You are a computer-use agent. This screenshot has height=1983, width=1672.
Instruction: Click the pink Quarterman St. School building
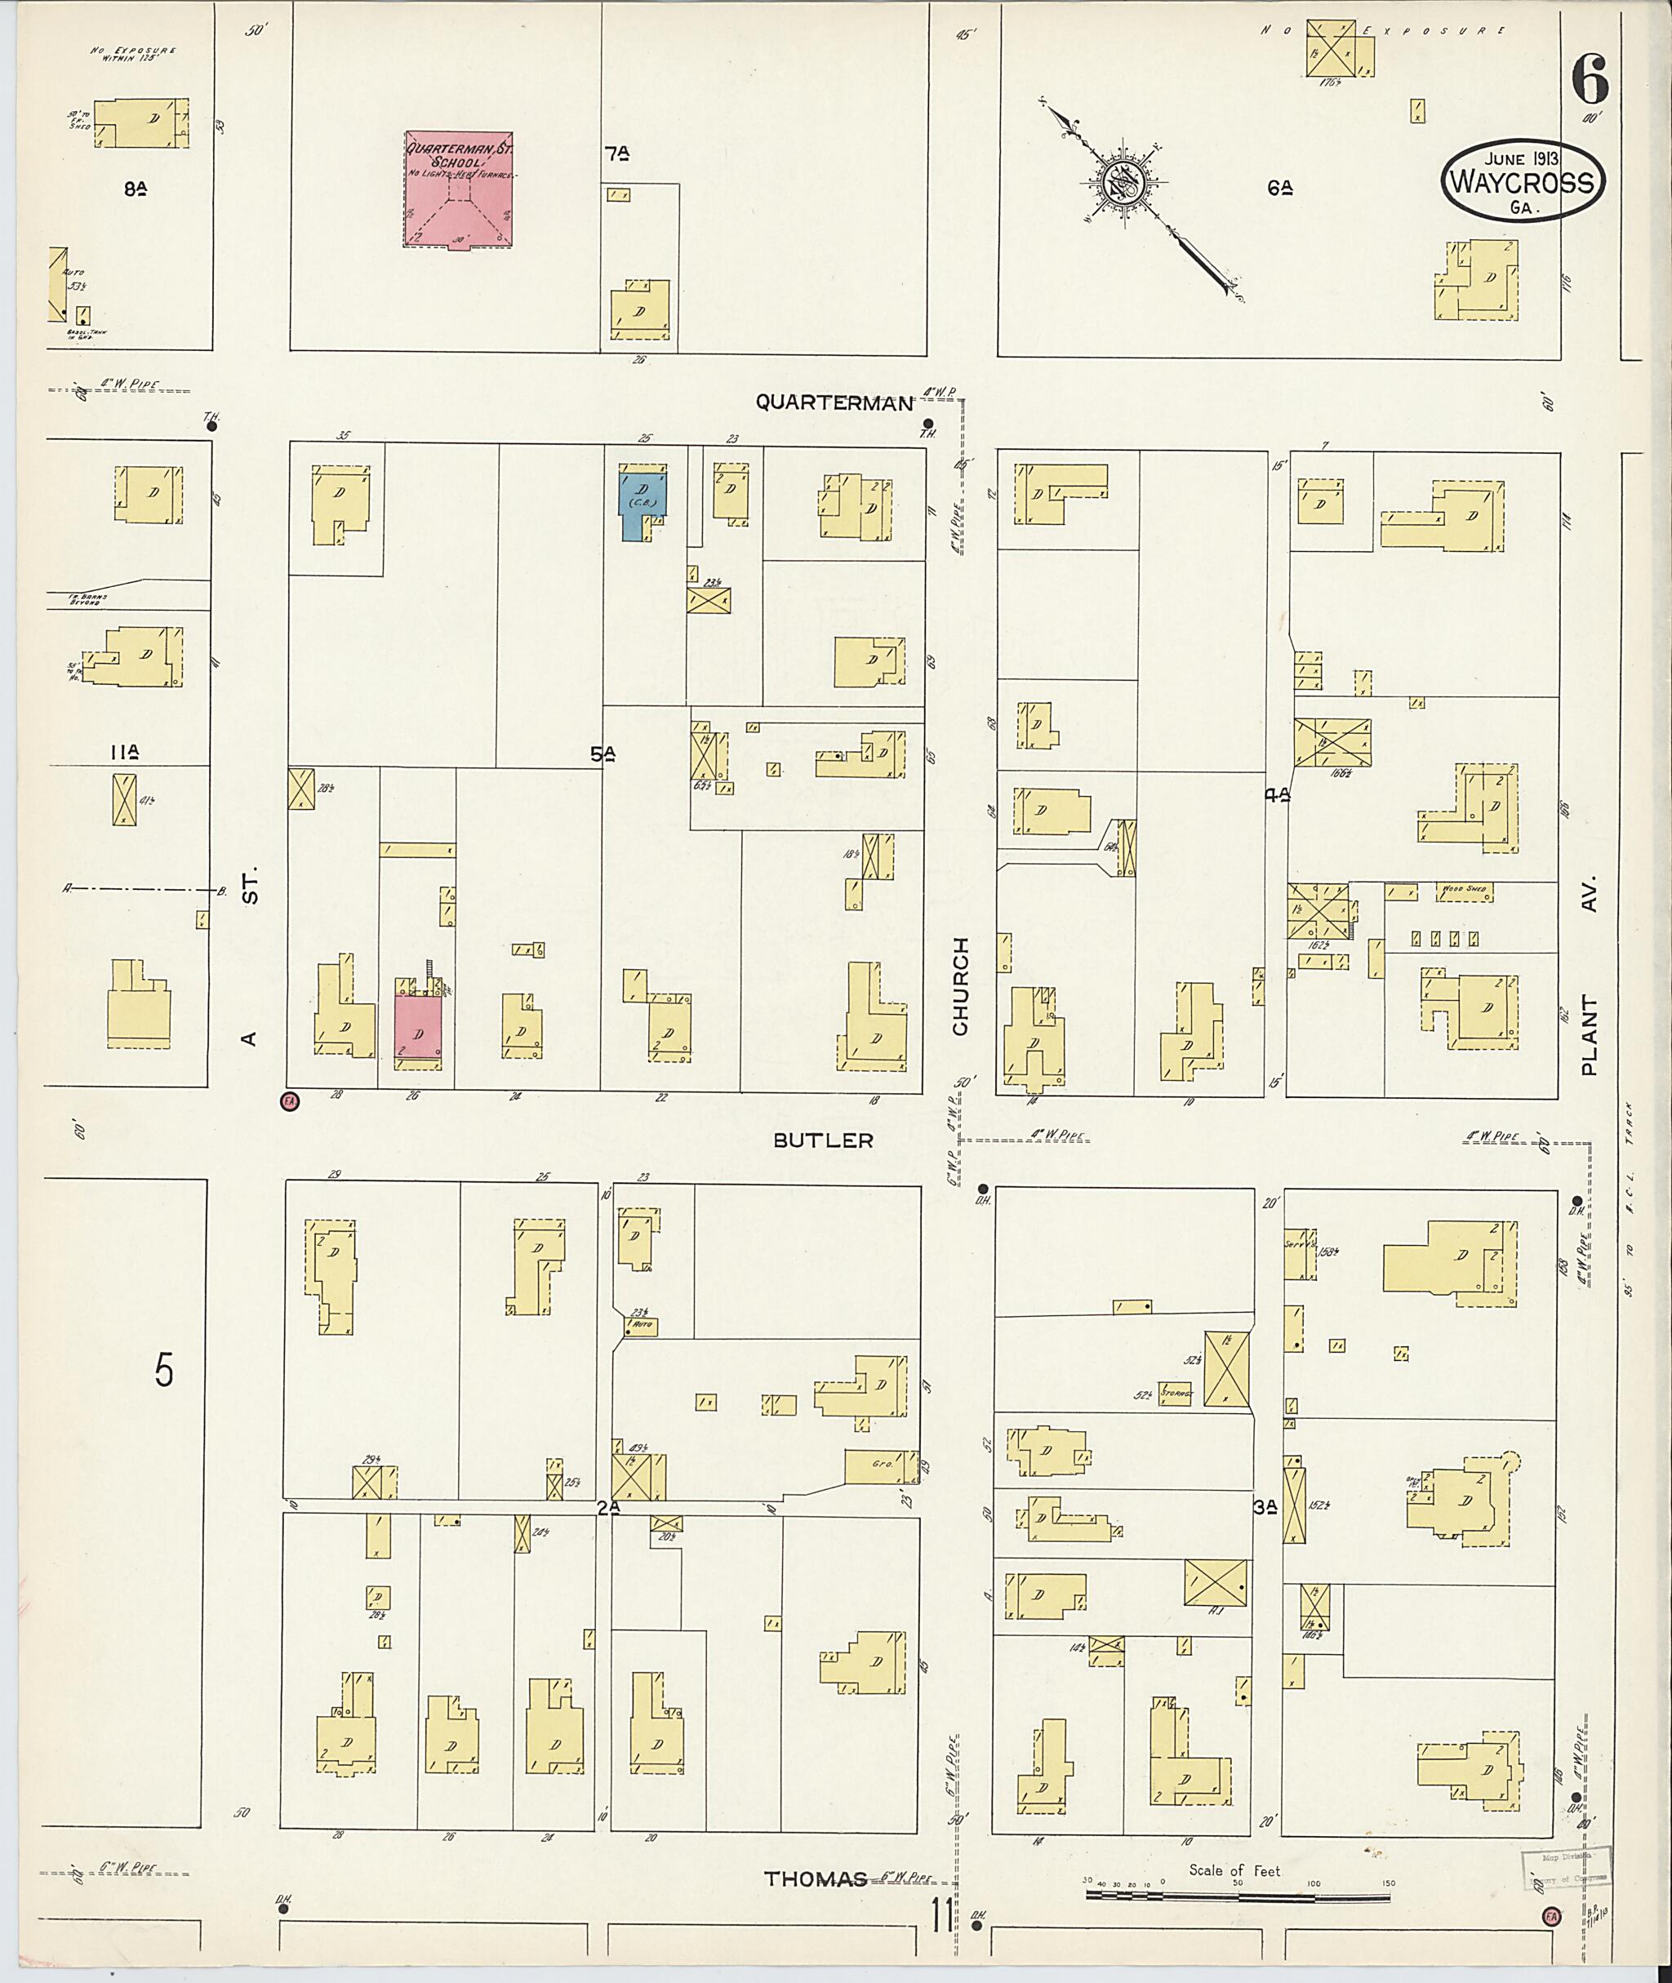click(460, 189)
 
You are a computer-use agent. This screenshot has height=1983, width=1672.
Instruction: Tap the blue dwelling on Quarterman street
click(642, 502)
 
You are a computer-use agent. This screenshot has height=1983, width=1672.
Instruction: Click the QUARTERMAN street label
click(834, 402)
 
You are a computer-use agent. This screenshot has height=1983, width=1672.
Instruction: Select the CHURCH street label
click(961, 986)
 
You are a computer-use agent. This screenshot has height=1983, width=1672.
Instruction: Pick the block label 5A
click(603, 754)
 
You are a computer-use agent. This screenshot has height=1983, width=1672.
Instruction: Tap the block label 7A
click(616, 152)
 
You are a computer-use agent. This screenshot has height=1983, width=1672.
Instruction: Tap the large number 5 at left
click(165, 1370)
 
